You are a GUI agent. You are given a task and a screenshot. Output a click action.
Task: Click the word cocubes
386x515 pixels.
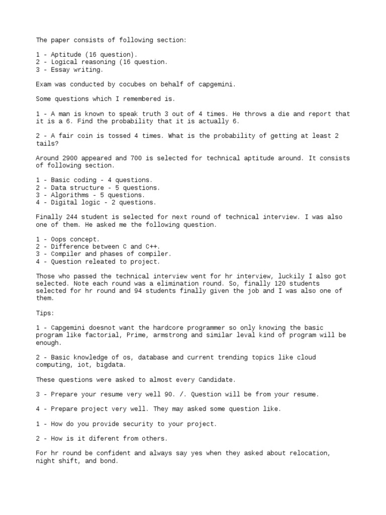tap(140, 84)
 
